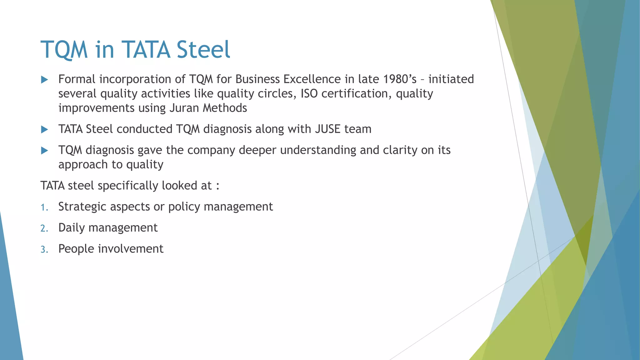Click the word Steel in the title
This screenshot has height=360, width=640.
click(x=203, y=50)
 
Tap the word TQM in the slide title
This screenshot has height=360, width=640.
click(x=64, y=50)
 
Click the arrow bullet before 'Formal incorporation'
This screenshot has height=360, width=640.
click(x=44, y=80)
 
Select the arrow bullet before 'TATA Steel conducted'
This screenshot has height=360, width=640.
click(x=44, y=129)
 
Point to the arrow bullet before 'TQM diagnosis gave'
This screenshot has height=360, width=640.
click(x=44, y=151)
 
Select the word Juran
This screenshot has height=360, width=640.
click(x=184, y=108)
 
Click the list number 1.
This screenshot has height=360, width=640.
click(x=44, y=207)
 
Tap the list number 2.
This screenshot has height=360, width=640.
click(x=44, y=228)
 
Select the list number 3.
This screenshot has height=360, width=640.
click(x=44, y=250)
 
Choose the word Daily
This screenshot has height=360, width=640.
click(x=72, y=228)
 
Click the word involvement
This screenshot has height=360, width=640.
click(x=131, y=249)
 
